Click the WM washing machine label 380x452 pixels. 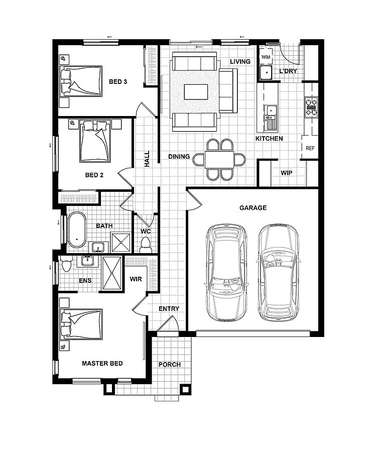point(266,57)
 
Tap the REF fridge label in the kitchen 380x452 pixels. point(310,148)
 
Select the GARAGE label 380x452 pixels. point(253,208)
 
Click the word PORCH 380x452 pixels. point(169,365)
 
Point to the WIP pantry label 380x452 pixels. point(286,173)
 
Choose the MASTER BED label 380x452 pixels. point(102,364)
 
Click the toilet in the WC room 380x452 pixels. point(146,245)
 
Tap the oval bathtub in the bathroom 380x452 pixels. point(77,230)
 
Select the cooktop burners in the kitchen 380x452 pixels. point(311,107)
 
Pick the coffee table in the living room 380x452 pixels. point(196,92)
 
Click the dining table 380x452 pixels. point(219,159)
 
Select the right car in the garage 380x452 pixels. point(278,272)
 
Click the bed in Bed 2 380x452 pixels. point(95,141)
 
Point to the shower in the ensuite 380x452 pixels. point(112,273)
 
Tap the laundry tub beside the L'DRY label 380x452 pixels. point(266,72)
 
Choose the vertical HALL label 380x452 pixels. point(147,159)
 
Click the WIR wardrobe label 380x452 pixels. point(136,279)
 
